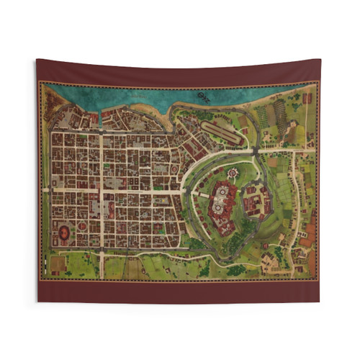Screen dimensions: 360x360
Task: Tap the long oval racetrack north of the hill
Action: point(221,130)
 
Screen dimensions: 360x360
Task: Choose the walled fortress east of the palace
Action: point(256,200)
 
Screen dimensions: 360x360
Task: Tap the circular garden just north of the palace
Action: point(233,173)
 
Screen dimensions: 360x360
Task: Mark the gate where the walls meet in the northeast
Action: point(257,150)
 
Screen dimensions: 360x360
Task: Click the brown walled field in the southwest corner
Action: point(58,264)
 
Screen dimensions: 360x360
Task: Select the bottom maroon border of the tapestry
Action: point(180,291)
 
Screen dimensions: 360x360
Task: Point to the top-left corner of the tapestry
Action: point(37,60)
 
